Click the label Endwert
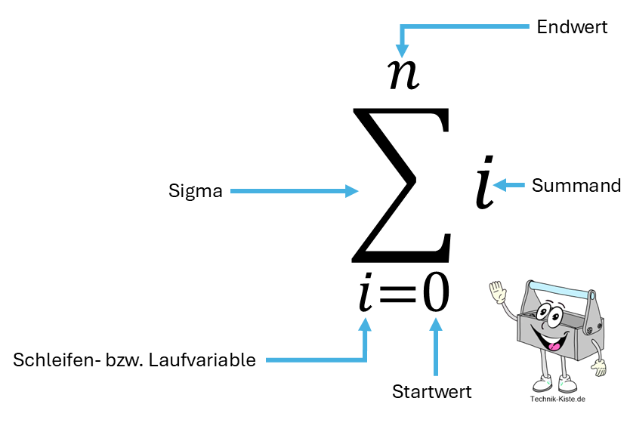click(x=572, y=28)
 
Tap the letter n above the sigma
click(x=403, y=73)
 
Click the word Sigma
click(x=195, y=192)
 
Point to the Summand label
click(x=576, y=185)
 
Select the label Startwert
click(x=431, y=392)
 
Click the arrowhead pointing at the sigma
click(x=351, y=192)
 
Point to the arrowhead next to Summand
click(x=499, y=185)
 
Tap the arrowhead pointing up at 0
click(x=435, y=326)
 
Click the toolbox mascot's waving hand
click(x=497, y=291)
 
